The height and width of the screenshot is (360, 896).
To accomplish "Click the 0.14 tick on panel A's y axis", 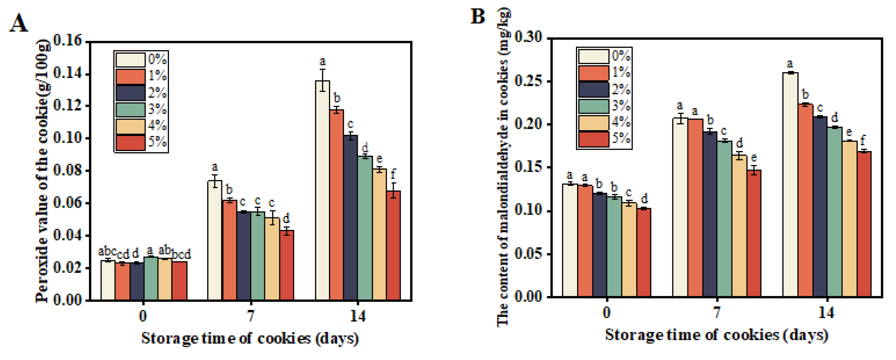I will [67, 74].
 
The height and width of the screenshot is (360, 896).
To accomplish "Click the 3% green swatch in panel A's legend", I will [130, 110].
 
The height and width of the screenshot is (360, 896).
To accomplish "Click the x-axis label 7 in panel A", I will [250, 316].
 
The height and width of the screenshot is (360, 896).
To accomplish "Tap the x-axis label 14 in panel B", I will [826, 312].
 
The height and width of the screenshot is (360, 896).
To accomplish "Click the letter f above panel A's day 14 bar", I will [393, 174].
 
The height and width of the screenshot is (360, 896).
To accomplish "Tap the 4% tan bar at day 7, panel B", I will [739, 226].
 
